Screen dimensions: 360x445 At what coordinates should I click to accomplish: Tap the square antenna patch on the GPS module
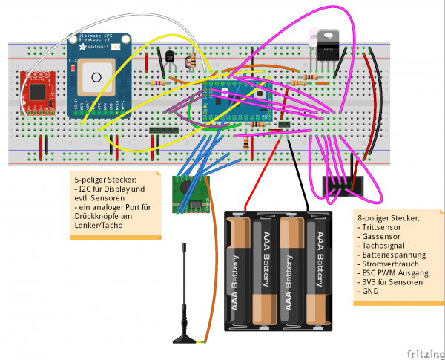point(96,73)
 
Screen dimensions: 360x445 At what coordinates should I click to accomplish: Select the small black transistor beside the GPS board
point(170,56)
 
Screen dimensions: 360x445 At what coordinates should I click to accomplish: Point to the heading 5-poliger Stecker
point(105,180)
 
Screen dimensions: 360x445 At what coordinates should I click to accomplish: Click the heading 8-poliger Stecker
point(389,217)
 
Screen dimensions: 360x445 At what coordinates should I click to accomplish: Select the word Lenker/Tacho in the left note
point(99,226)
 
